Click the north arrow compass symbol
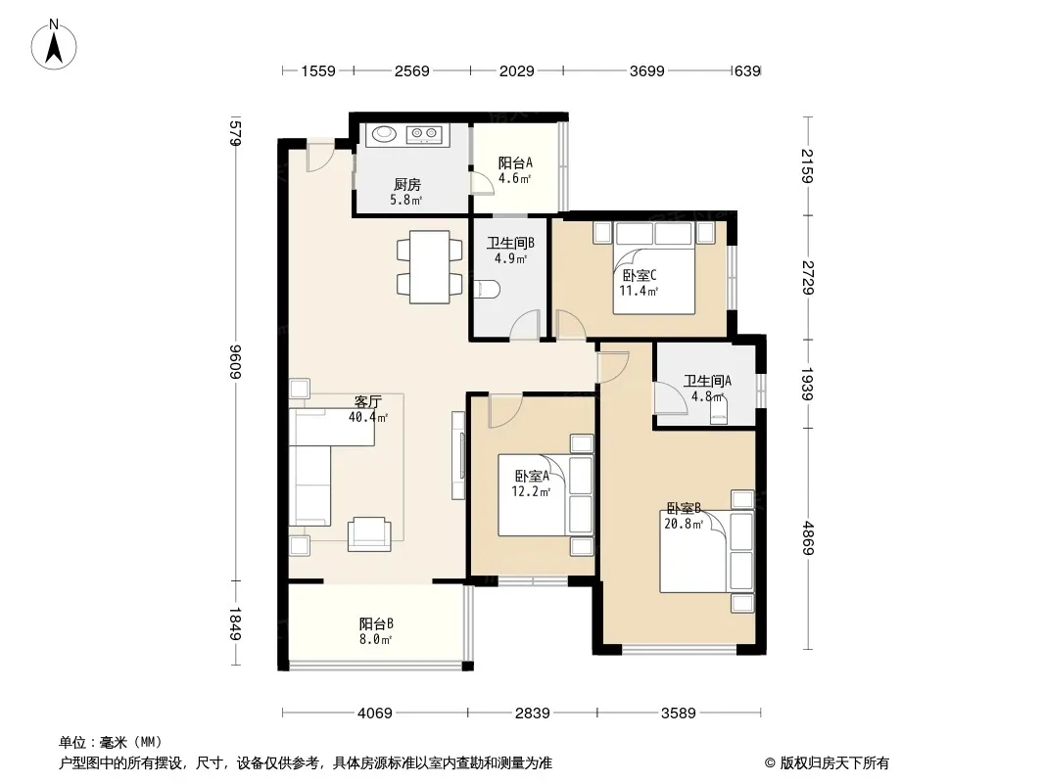click(54, 45)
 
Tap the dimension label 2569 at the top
click(411, 70)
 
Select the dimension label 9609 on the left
click(234, 362)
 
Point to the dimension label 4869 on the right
click(808, 537)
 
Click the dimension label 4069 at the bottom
click(375, 714)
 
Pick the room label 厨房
click(406, 184)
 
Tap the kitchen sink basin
click(384, 134)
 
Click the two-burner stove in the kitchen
click(424, 134)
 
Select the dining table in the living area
click(430, 267)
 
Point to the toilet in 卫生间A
click(719, 411)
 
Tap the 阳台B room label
click(376, 623)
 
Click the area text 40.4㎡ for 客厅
click(368, 417)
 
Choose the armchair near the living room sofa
click(369, 533)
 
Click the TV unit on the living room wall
click(458, 455)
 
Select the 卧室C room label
click(640, 275)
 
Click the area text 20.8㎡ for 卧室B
click(684, 524)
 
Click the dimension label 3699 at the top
click(646, 70)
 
